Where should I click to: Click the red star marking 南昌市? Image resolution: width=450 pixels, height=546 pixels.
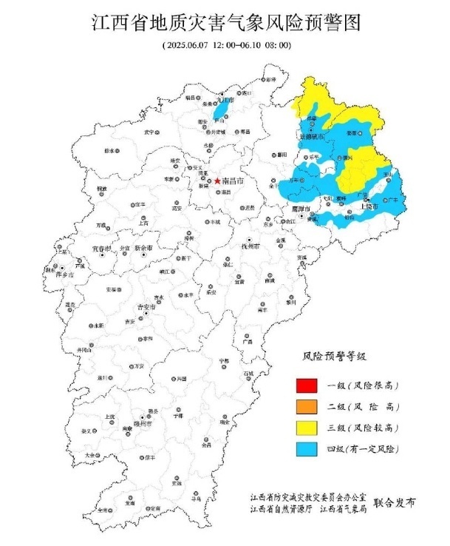point(207,180)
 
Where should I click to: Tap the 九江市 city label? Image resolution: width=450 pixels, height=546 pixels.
point(225,98)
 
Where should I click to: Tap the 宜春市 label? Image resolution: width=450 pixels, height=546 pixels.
point(103,249)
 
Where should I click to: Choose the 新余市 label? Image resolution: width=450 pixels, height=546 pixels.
point(144,249)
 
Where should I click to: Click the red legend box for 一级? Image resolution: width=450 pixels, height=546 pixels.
point(307,385)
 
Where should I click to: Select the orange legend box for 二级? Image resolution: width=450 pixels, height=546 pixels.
point(307,406)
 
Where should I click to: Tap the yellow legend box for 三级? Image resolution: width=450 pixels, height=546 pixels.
point(307,427)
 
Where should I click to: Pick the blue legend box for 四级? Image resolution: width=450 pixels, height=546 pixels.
point(307,448)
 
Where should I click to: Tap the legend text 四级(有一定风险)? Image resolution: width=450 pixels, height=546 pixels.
point(359,448)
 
